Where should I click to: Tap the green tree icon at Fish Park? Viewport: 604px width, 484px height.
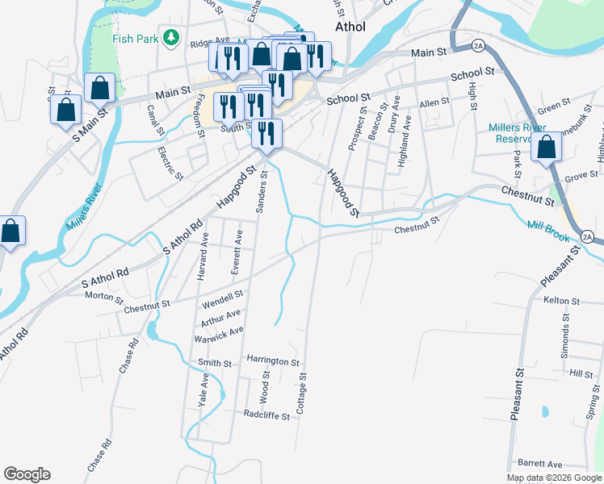pos(170,36)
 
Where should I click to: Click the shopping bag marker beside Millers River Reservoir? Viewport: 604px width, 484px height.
pos(547,148)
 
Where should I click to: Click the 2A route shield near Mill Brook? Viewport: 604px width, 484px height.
pos(587,236)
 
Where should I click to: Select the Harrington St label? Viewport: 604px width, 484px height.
pos(273,362)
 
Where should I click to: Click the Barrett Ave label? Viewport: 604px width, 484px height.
pos(540,464)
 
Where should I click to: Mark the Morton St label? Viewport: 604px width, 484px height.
pos(104,296)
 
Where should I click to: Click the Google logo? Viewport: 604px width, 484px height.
pos(27,474)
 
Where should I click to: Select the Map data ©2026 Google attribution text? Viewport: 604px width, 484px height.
pos(555,478)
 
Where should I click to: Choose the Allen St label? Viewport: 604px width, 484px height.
pos(434,102)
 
